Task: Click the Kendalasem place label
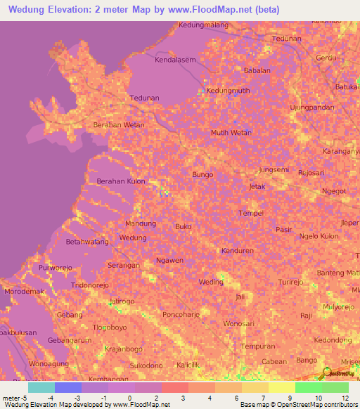point(175,60)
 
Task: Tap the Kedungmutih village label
point(229,90)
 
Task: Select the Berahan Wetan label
point(119,125)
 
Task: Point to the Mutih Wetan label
point(231,132)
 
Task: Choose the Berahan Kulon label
point(120,181)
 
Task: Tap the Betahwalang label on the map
point(87,242)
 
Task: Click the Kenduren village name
point(236,251)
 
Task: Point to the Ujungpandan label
point(311,108)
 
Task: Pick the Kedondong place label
point(313,339)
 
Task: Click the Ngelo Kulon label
point(319,236)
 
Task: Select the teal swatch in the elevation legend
point(41,387)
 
